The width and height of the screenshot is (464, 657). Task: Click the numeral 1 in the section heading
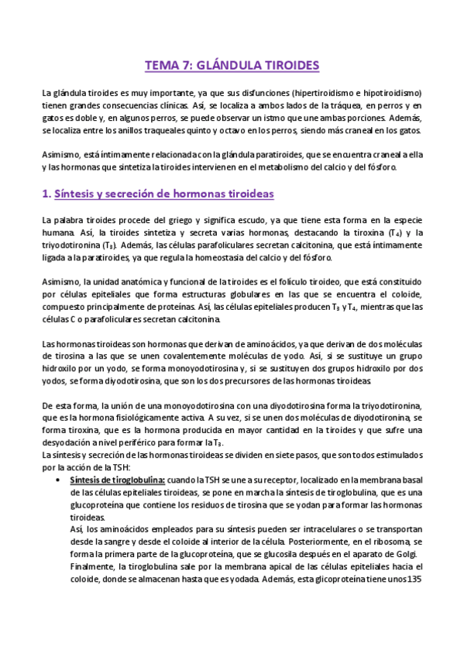coord(45,193)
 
